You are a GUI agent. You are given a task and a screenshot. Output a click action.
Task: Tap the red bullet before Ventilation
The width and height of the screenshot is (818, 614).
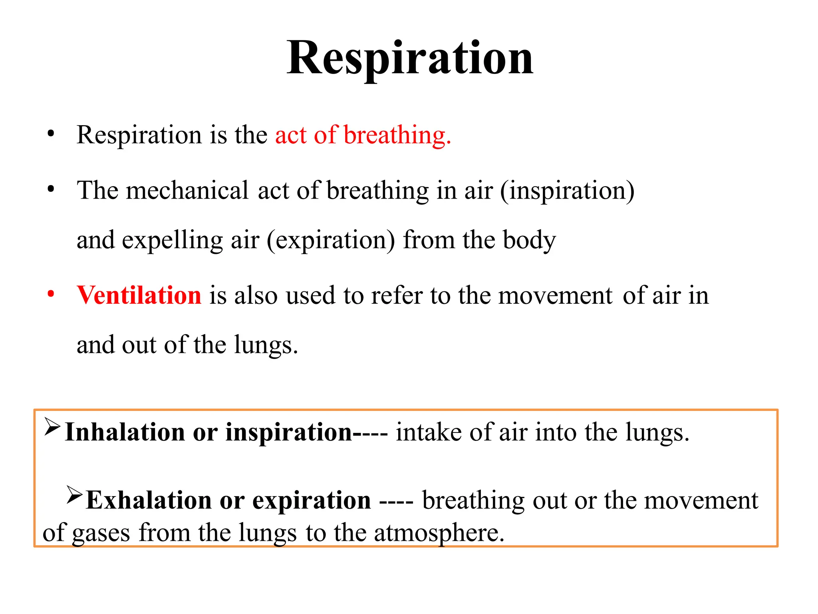pyautogui.click(x=51, y=294)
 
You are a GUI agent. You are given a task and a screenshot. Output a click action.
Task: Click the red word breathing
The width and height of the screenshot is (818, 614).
pyautogui.click(x=397, y=135)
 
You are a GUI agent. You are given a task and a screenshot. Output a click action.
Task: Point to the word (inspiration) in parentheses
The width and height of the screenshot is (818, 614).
pyautogui.click(x=567, y=191)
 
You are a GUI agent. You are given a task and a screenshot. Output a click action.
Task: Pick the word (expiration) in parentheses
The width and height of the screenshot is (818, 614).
pyautogui.click(x=331, y=240)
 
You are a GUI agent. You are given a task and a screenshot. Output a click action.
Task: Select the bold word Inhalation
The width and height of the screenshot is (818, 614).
pyautogui.click(x=125, y=432)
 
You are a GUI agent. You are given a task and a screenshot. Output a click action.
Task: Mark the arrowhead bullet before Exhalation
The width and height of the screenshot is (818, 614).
pyautogui.click(x=74, y=495)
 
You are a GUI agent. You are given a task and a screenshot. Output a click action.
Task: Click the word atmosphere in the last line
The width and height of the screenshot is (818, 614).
pyautogui.click(x=439, y=533)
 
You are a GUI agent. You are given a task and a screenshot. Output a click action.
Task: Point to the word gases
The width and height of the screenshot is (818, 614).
pyautogui.click(x=101, y=533)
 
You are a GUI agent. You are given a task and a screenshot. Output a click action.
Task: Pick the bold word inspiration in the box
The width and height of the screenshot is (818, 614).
pyautogui.click(x=288, y=433)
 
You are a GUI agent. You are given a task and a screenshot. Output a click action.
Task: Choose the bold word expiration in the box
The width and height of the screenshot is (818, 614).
pyautogui.click(x=312, y=500)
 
